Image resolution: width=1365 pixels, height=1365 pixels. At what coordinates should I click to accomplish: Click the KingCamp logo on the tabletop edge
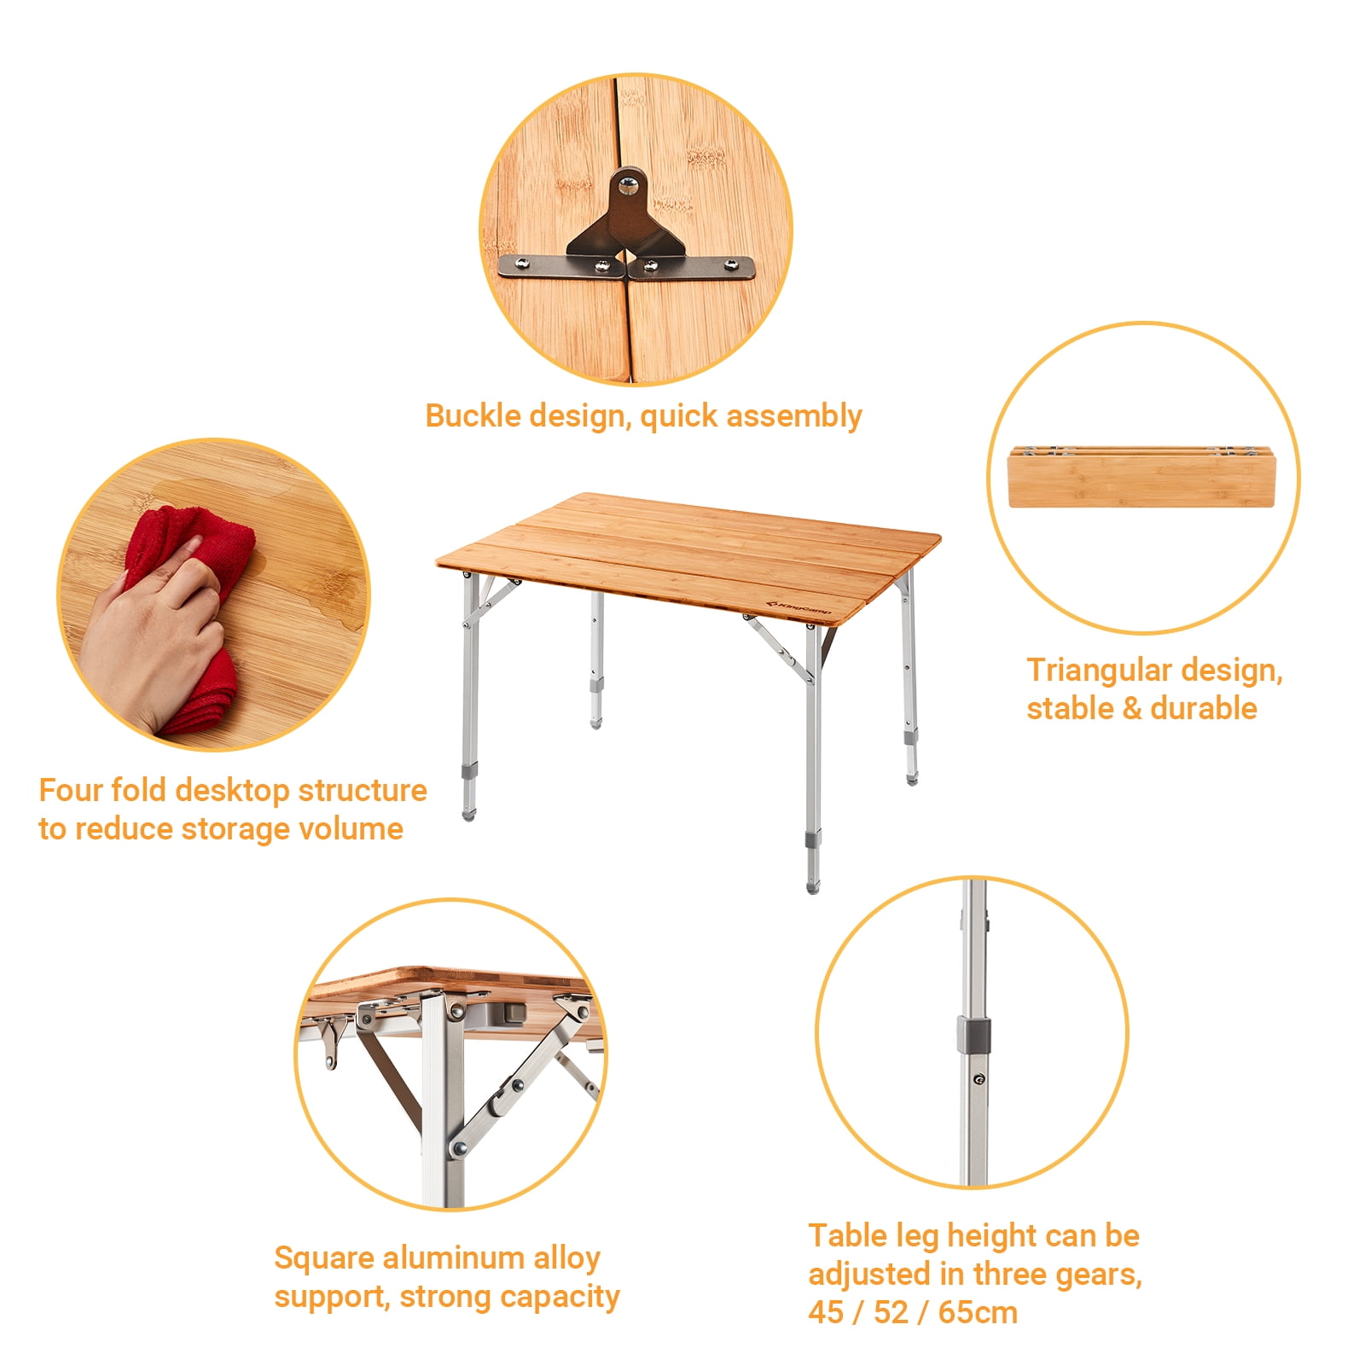pyautogui.click(x=799, y=608)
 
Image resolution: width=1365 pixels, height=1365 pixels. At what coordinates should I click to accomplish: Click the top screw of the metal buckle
pyautogui.click(x=629, y=181)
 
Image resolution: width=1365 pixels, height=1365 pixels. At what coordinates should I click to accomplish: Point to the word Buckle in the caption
pyautogui.click(x=473, y=416)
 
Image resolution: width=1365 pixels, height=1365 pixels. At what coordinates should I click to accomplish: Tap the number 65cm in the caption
pyautogui.click(x=978, y=1313)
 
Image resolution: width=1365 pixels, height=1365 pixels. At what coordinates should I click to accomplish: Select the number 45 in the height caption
pyautogui.click(x=826, y=1313)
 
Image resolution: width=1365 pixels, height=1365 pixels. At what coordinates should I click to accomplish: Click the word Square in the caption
pyautogui.click(x=323, y=1259)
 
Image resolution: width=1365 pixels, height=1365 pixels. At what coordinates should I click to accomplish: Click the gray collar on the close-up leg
pyautogui.click(x=973, y=1035)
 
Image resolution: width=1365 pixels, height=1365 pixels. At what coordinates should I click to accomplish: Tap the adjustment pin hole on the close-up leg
pyautogui.click(x=978, y=1079)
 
